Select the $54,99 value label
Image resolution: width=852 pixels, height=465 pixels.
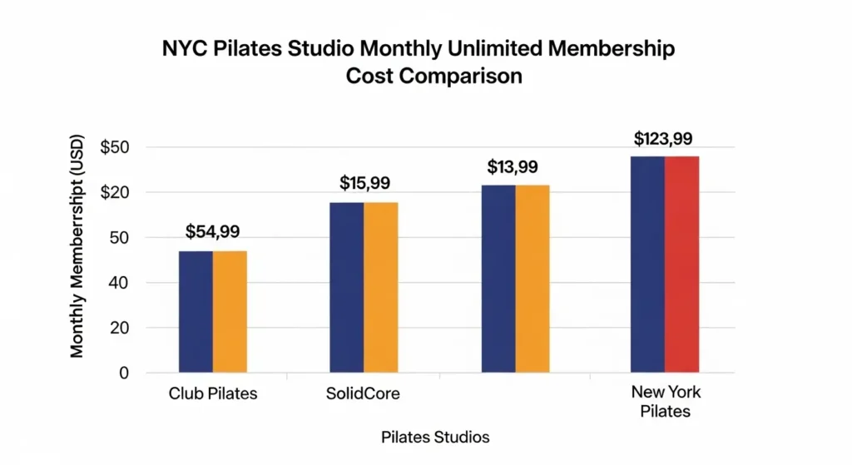pyautogui.click(x=212, y=231)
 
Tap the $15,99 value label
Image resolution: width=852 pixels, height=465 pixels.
pyautogui.click(x=364, y=183)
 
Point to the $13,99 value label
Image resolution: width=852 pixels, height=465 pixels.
pyautogui.click(x=513, y=166)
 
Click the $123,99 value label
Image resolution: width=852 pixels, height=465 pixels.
pyautogui.click(x=664, y=138)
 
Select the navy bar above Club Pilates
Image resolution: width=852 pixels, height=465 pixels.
pyautogui.click(x=196, y=311)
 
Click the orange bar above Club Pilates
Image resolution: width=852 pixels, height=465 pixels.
pyautogui.click(x=230, y=311)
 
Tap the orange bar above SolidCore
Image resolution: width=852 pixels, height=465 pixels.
pyautogui.click(x=381, y=287)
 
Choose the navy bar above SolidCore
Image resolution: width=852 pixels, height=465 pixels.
pyautogui.click(x=346, y=287)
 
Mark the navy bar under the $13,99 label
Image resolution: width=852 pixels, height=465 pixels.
pyautogui.click(x=498, y=278)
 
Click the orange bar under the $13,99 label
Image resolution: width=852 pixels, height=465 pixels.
pyautogui.click(x=532, y=278)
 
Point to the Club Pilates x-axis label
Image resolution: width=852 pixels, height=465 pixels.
pyautogui.click(x=212, y=393)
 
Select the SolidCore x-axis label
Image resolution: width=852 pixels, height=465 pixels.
pyautogui.click(x=364, y=393)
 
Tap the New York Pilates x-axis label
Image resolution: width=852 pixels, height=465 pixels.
pyautogui.click(x=666, y=402)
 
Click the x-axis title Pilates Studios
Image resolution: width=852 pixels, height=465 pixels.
pyautogui.click(x=435, y=437)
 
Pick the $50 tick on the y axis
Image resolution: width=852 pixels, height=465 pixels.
pyautogui.click(x=116, y=148)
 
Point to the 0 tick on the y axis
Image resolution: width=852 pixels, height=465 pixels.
pyautogui.click(x=124, y=373)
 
